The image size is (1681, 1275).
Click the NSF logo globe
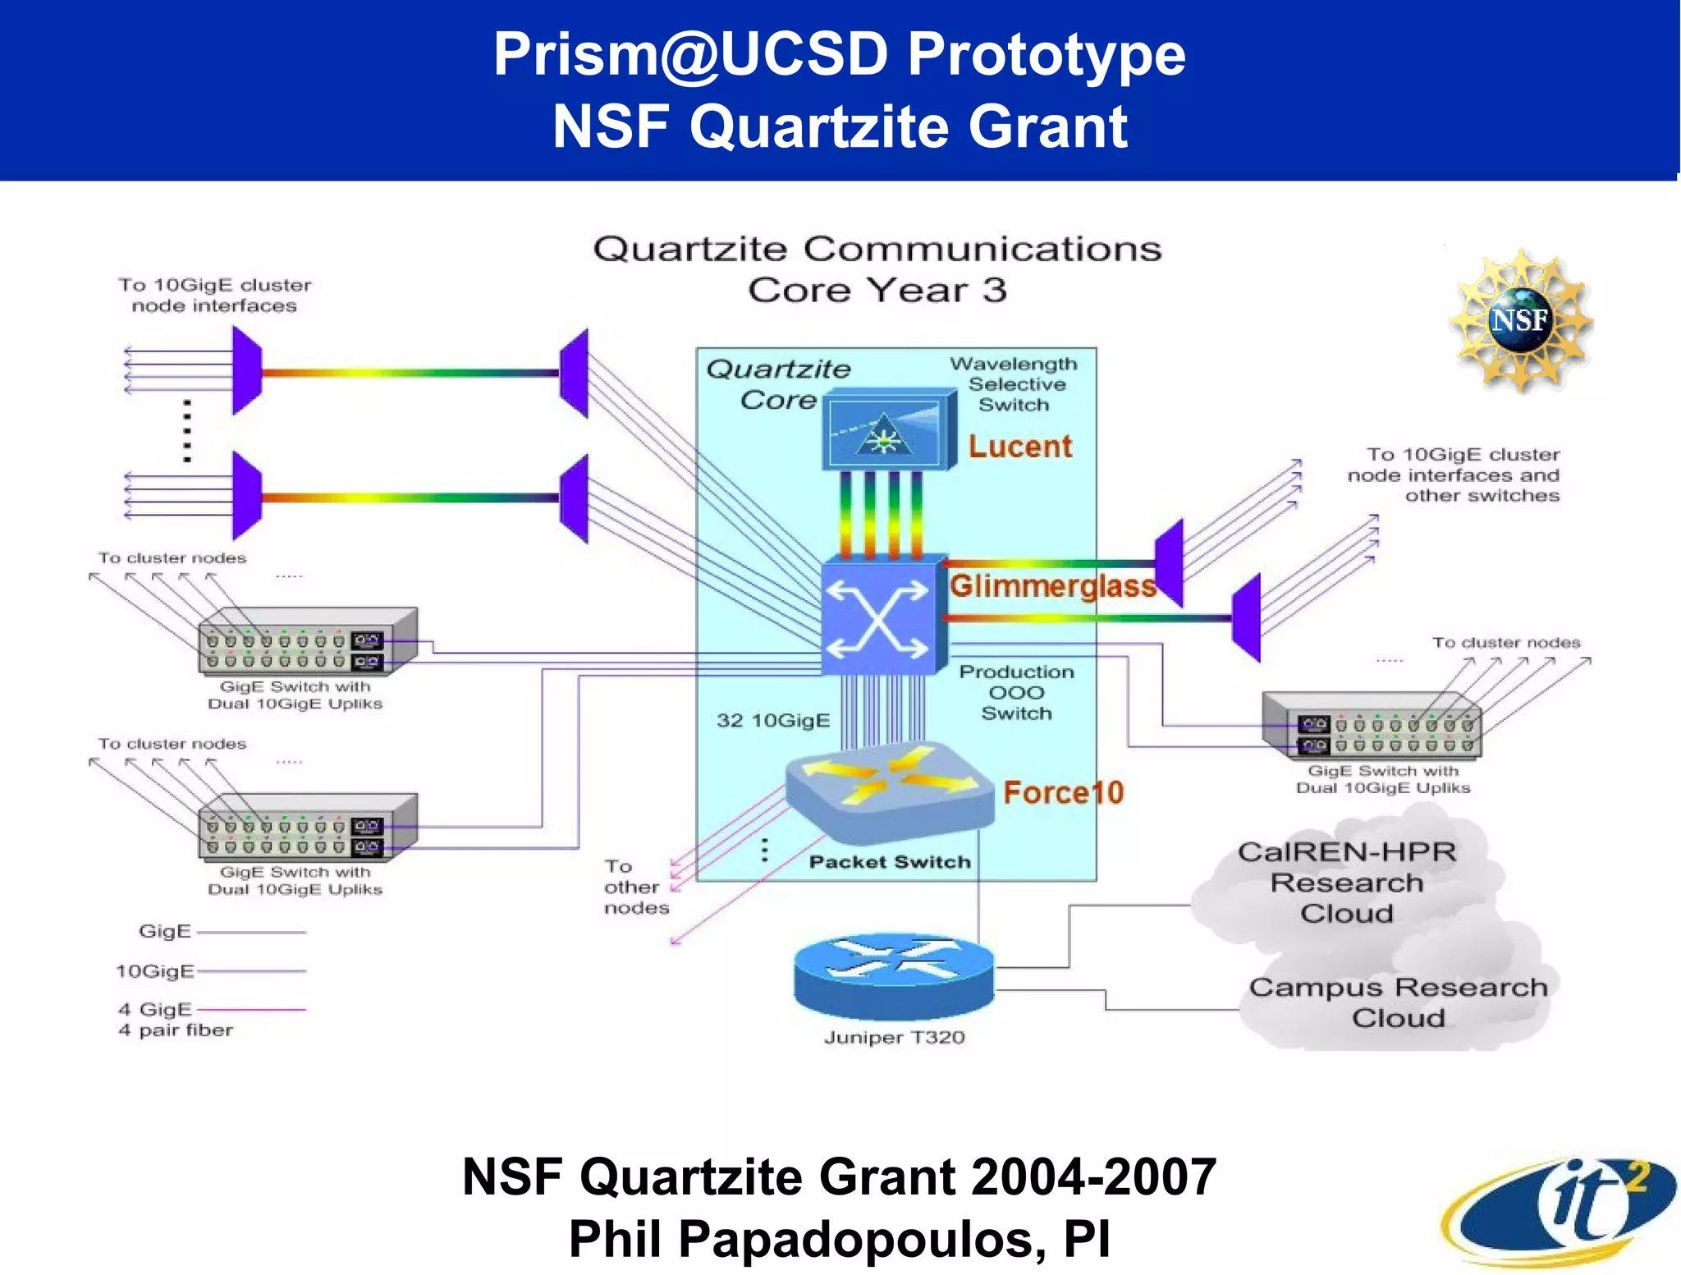[x=1520, y=319]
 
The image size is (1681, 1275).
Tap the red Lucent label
[x=1019, y=447]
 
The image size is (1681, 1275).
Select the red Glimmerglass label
[x=1053, y=586]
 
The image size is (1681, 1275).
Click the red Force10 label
[x=1063, y=793]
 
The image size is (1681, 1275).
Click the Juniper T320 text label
[x=894, y=1038]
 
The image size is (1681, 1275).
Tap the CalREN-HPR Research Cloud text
[x=1347, y=883]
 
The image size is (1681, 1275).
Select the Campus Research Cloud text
[x=1398, y=1002]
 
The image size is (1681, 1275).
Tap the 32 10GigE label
[x=772, y=721]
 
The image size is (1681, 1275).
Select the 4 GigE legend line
[x=251, y=1009]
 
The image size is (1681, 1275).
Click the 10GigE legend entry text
[x=155, y=971]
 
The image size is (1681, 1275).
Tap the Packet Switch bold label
[x=890, y=862]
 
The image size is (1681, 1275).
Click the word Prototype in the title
[x=1046, y=54]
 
